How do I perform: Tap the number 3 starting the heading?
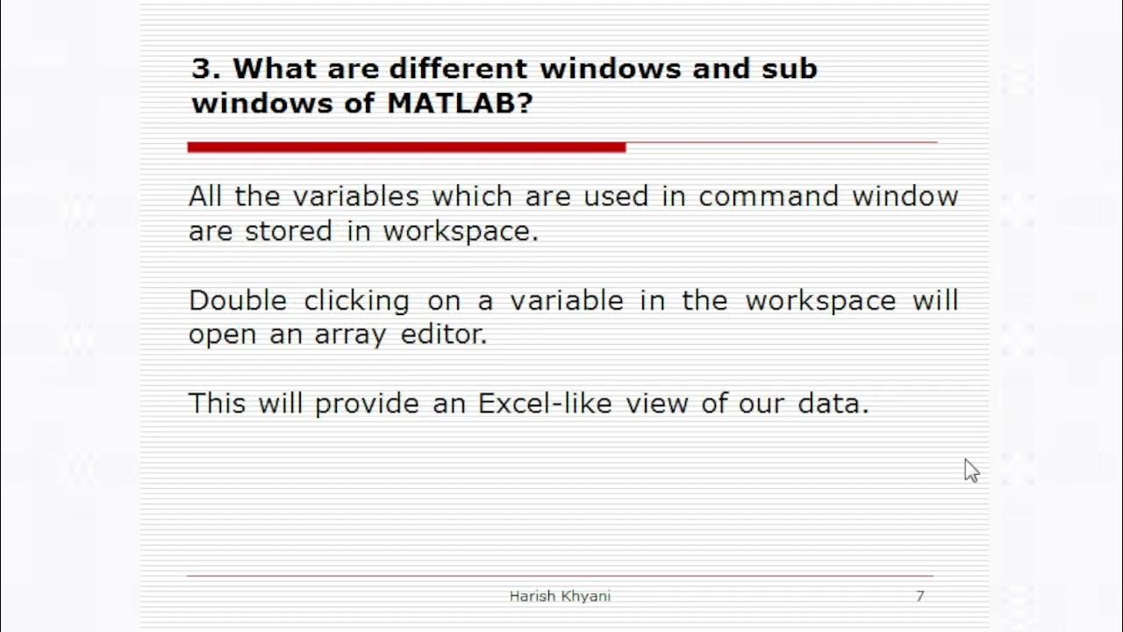[x=201, y=68]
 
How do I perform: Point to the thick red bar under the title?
[x=406, y=147]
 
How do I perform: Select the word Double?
[x=238, y=300]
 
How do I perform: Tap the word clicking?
[x=357, y=301]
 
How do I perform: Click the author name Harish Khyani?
[x=560, y=596]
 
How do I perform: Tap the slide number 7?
[x=919, y=596]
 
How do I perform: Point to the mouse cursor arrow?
[x=970, y=470]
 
